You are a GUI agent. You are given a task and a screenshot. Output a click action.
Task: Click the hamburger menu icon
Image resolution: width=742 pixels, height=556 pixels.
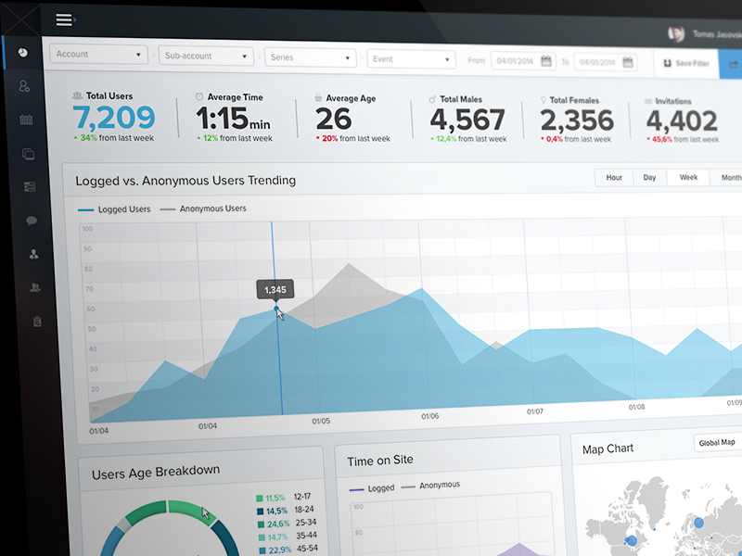pos(64,20)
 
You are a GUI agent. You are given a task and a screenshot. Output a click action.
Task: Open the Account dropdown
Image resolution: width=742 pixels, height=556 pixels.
pos(97,55)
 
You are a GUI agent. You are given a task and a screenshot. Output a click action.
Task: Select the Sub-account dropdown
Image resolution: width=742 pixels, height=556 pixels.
pos(206,57)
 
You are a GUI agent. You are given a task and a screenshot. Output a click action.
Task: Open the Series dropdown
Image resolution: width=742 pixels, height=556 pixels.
pos(310,57)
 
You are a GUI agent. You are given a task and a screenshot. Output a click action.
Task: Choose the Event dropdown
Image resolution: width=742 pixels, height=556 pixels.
pos(409,58)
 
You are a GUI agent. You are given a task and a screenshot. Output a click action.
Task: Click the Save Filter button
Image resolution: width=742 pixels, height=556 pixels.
pos(685,63)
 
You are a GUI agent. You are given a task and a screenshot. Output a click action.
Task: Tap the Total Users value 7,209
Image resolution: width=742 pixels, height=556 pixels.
pos(113,118)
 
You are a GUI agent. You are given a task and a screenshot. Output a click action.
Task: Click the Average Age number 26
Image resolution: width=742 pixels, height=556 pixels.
pos(334,120)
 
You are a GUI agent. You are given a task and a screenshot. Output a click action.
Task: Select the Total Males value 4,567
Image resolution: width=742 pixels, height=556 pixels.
pos(467,120)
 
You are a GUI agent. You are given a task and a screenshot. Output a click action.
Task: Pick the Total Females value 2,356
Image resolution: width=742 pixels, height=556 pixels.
pos(576,120)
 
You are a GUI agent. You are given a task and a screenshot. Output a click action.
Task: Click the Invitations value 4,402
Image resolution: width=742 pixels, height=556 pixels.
pos(682,121)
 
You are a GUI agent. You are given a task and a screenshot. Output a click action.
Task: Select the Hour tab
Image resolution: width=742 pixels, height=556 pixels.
pos(614,177)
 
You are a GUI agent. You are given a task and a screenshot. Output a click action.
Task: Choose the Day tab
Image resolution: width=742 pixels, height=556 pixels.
pos(649,177)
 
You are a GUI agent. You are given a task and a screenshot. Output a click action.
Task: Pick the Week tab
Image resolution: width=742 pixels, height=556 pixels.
pos(688,177)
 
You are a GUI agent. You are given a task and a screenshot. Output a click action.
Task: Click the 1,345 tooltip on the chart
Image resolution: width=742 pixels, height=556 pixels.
pos(275,290)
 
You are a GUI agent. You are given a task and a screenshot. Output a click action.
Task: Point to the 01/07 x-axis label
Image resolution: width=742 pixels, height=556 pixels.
pos(535,411)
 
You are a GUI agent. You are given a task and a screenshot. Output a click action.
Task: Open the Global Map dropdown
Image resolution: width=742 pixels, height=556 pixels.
pos(718,443)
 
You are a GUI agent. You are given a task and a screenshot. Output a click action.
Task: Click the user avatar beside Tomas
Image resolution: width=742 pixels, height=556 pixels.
pos(676,33)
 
